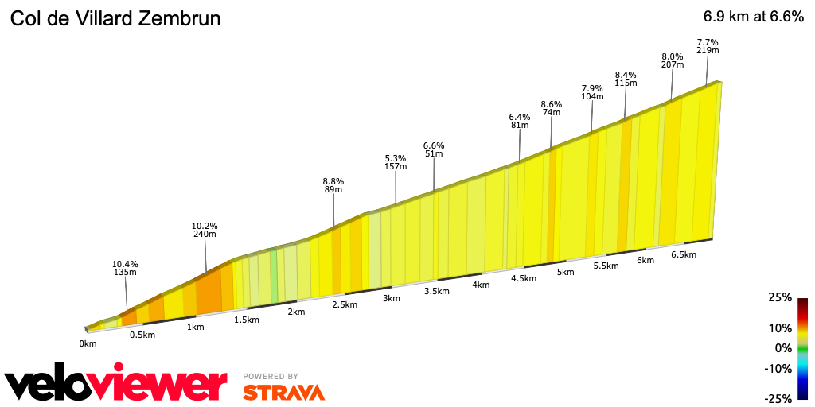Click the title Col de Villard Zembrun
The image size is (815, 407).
pyautogui.click(x=115, y=17)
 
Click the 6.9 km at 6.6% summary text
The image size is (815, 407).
pyautogui.click(x=753, y=17)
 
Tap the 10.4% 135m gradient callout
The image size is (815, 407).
pyautogui.click(x=126, y=268)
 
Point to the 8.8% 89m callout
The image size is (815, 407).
pyautogui.click(x=333, y=184)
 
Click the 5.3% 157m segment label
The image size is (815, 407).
pyautogui.click(x=396, y=162)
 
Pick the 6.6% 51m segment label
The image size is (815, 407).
pyautogui.click(x=434, y=149)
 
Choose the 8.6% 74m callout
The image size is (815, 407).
pyautogui.click(x=552, y=108)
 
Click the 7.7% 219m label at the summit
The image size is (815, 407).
pyautogui.click(x=708, y=46)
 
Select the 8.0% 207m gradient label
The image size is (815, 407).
pyautogui.click(x=673, y=61)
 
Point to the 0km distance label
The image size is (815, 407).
pyautogui.click(x=88, y=343)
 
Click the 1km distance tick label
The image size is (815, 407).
pyautogui.click(x=195, y=327)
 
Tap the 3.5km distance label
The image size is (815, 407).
pyautogui.click(x=436, y=291)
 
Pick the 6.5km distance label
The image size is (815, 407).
pyautogui.click(x=684, y=254)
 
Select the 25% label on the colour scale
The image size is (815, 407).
pyautogui.click(x=781, y=297)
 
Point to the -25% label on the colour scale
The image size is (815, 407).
pyautogui.click(x=778, y=398)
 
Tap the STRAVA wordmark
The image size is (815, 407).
pyautogui.click(x=283, y=393)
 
